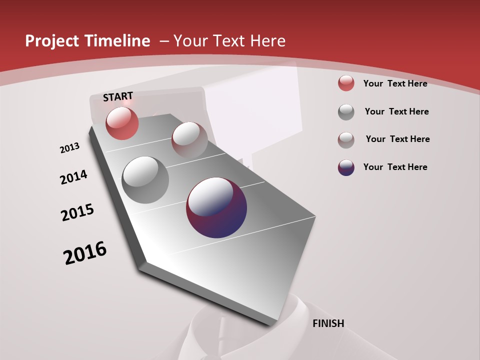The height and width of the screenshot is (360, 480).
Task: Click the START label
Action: pyautogui.click(x=118, y=96)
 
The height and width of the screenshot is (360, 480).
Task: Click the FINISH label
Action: pyautogui.click(x=328, y=323)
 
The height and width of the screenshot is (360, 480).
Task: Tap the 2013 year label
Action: pyautogui.click(x=69, y=148)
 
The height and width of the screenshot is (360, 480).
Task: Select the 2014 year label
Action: pyautogui.click(x=73, y=177)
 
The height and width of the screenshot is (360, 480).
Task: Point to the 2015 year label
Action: pyautogui.click(x=77, y=212)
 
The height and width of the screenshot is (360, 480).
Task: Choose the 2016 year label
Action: pyautogui.click(x=85, y=253)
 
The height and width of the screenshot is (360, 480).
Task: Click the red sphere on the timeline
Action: pyautogui.click(x=122, y=123)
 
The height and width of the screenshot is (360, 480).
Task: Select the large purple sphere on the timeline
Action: pyautogui.click(x=216, y=207)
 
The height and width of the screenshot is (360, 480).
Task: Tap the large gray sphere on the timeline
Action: pyautogui.click(x=145, y=179)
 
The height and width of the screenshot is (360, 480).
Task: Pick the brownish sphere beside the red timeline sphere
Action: pyautogui.click(x=189, y=139)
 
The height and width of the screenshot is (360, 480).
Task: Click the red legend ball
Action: pyautogui.click(x=346, y=83)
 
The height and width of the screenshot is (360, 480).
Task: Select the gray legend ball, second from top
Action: pyautogui.click(x=346, y=112)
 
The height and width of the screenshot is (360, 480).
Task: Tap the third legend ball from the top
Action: pyautogui.click(x=346, y=139)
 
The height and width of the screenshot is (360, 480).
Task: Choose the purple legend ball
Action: pyautogui.click(x=346, y=167)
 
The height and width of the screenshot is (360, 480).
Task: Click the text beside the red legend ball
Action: pyautogui.click(x=395, y=83)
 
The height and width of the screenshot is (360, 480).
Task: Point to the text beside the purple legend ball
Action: pyautogui.click(x=395, y=167)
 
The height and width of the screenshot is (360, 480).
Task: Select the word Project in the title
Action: pyautogui.click(x=51, y=41)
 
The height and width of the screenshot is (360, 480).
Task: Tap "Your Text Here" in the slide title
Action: pyautogui.click(x=229, y=41)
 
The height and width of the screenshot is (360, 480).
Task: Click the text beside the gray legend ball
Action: pyautogui.click(x=396, y=111)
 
